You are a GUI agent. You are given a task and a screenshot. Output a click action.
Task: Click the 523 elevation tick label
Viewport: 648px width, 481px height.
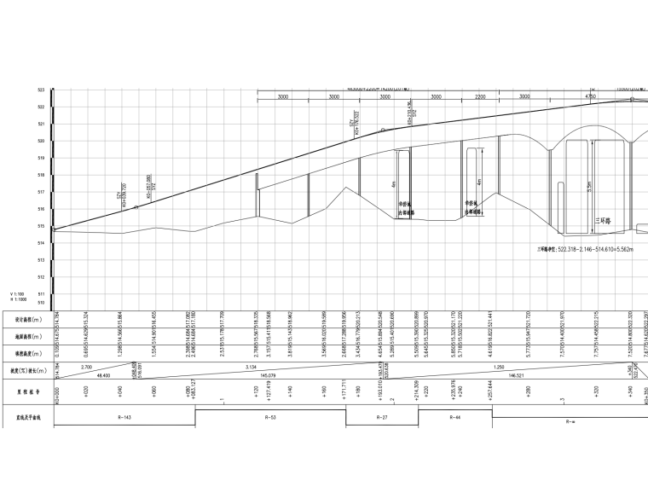pyautogui.click(x=41, y=90)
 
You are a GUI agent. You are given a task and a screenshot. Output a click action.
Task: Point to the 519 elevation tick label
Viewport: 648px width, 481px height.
pyautogui.click(x=41, y=158)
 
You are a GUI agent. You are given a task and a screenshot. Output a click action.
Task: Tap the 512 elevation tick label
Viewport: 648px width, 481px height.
pyautogui.click(x=41, y=277)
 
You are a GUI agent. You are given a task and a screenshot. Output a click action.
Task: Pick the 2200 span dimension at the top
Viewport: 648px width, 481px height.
pyautogui.click(x=480, y=97)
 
